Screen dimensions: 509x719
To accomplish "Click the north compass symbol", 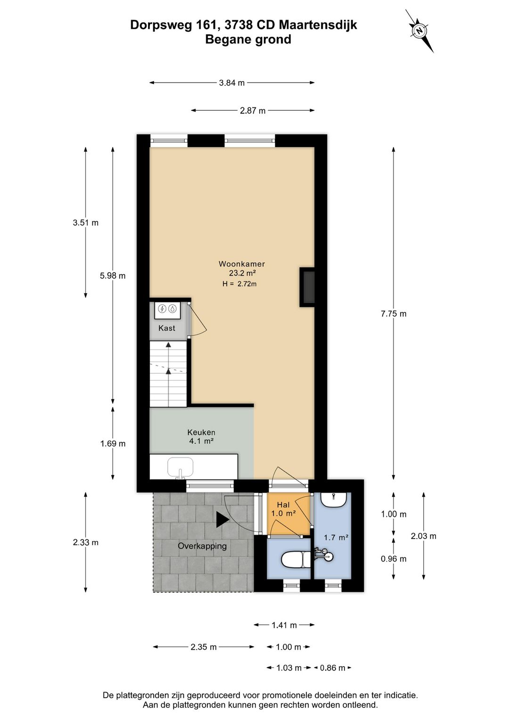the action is click(x=419, y=31).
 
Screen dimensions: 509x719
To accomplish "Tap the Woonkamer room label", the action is click(x=241, y=264).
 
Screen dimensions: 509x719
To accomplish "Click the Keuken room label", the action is click(x=201, y=432).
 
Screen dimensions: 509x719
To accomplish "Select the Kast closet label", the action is click(x=167, y=328).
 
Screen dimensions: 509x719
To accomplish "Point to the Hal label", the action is click(x=283, y=505).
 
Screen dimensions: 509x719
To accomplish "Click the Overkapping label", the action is click(x=202, y=546).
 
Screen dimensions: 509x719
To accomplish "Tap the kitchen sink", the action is click(x=180, y=468).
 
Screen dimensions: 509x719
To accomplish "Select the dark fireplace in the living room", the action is click(x=307, y=287).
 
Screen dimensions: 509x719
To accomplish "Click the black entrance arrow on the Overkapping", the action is click(x=222, y=519).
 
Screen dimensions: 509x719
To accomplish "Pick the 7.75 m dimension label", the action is click(x=394, y=314).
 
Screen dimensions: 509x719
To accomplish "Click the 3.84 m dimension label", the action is click(x=231, y=83).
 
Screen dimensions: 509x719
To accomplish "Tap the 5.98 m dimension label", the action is click(x=112, y=276).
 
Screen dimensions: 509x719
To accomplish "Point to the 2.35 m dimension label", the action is click(x=204, y=647).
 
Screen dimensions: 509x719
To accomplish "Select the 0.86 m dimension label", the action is click(x=332, y=668).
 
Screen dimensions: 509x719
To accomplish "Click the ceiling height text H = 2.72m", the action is click(x=239, y=284).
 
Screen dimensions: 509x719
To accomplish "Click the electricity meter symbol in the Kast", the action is click(x=162, y=309).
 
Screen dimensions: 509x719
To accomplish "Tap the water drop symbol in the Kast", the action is click(x=173, y=309).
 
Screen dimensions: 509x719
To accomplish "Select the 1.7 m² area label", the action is click(x=336, y=537).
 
